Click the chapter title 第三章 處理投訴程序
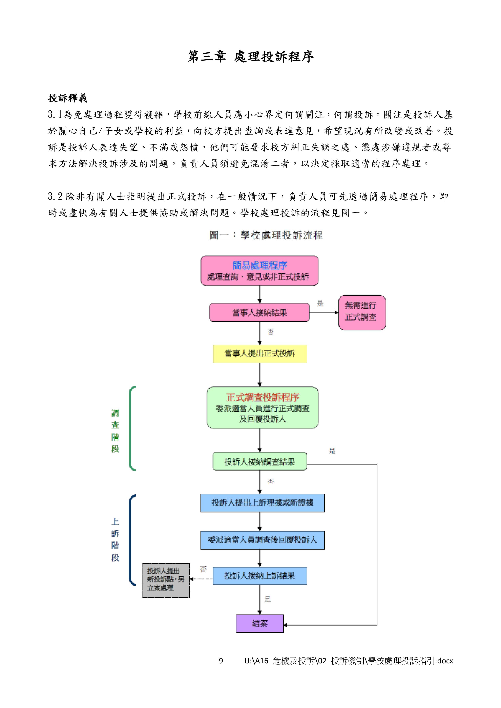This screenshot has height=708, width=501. (x=250, y=57)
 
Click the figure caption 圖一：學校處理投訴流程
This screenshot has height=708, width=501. (x=267, y=235)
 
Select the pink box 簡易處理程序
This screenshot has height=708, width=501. (x=259, y=270)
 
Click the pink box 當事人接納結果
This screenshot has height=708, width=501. (x=259, y=312)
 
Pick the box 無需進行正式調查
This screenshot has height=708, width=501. (x=362, y=312)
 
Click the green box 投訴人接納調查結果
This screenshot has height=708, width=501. (x=260, y=461)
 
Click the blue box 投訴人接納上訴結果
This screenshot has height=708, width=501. (x=260, y=576)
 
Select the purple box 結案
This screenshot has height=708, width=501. (x=259, y=623)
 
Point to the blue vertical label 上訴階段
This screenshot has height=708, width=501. (x=115, y=539)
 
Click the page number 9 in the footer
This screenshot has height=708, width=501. (x=221, y=661)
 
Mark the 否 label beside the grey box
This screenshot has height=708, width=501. (x=203, y=569)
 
